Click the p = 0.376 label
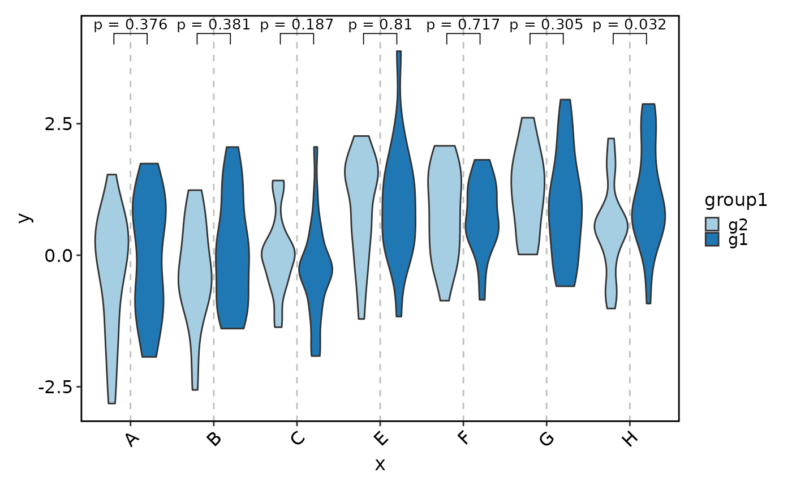pos(130,24)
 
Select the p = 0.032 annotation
pos(629,24)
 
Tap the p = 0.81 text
pos(380,24)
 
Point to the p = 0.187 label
pos(296,24)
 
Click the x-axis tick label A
pos(132,439)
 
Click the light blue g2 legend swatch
pos(712,225)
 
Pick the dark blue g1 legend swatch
pos(712,239)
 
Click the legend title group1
pos(735,200)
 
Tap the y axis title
pos(23,217)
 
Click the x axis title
pos(380,465)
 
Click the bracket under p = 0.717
pos(463,35)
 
